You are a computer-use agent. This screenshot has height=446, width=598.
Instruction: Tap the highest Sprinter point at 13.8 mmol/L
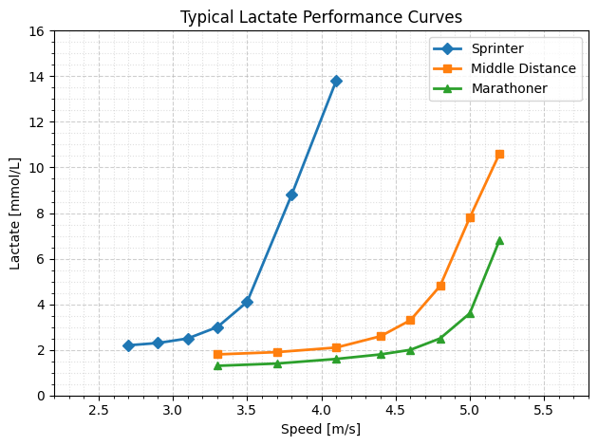tap(336, 81)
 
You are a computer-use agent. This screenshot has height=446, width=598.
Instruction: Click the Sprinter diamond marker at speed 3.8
tap(291, 195)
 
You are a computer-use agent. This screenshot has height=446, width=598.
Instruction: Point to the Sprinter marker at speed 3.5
tap(247, 302)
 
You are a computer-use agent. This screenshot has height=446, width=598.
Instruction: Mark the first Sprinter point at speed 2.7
tap(128, 345)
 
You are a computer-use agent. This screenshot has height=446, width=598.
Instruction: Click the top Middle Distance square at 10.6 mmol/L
tap(499, 154)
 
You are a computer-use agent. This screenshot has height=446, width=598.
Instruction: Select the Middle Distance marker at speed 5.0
tap(470, 217)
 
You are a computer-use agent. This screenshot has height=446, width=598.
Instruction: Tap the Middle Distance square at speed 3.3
tap(217, 354)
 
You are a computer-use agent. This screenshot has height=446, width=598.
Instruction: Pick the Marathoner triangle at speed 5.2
tap(499, 240)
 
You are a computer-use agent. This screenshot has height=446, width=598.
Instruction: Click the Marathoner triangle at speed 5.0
tap(470, 313)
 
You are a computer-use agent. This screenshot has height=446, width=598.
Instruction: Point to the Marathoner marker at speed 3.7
tap(277, 363)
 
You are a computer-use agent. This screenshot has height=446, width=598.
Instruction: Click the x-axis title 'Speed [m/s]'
tap(321, 429)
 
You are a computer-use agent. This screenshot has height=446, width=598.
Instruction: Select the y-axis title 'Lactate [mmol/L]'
tap(15, 214)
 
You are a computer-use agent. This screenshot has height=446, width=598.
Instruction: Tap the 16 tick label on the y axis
tap(38, 31)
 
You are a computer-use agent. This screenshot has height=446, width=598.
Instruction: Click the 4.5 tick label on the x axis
tap(395, 410)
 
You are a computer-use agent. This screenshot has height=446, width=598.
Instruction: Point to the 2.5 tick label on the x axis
tap(99, 410)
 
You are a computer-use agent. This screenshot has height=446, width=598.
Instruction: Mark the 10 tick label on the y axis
tap(38, 168)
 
